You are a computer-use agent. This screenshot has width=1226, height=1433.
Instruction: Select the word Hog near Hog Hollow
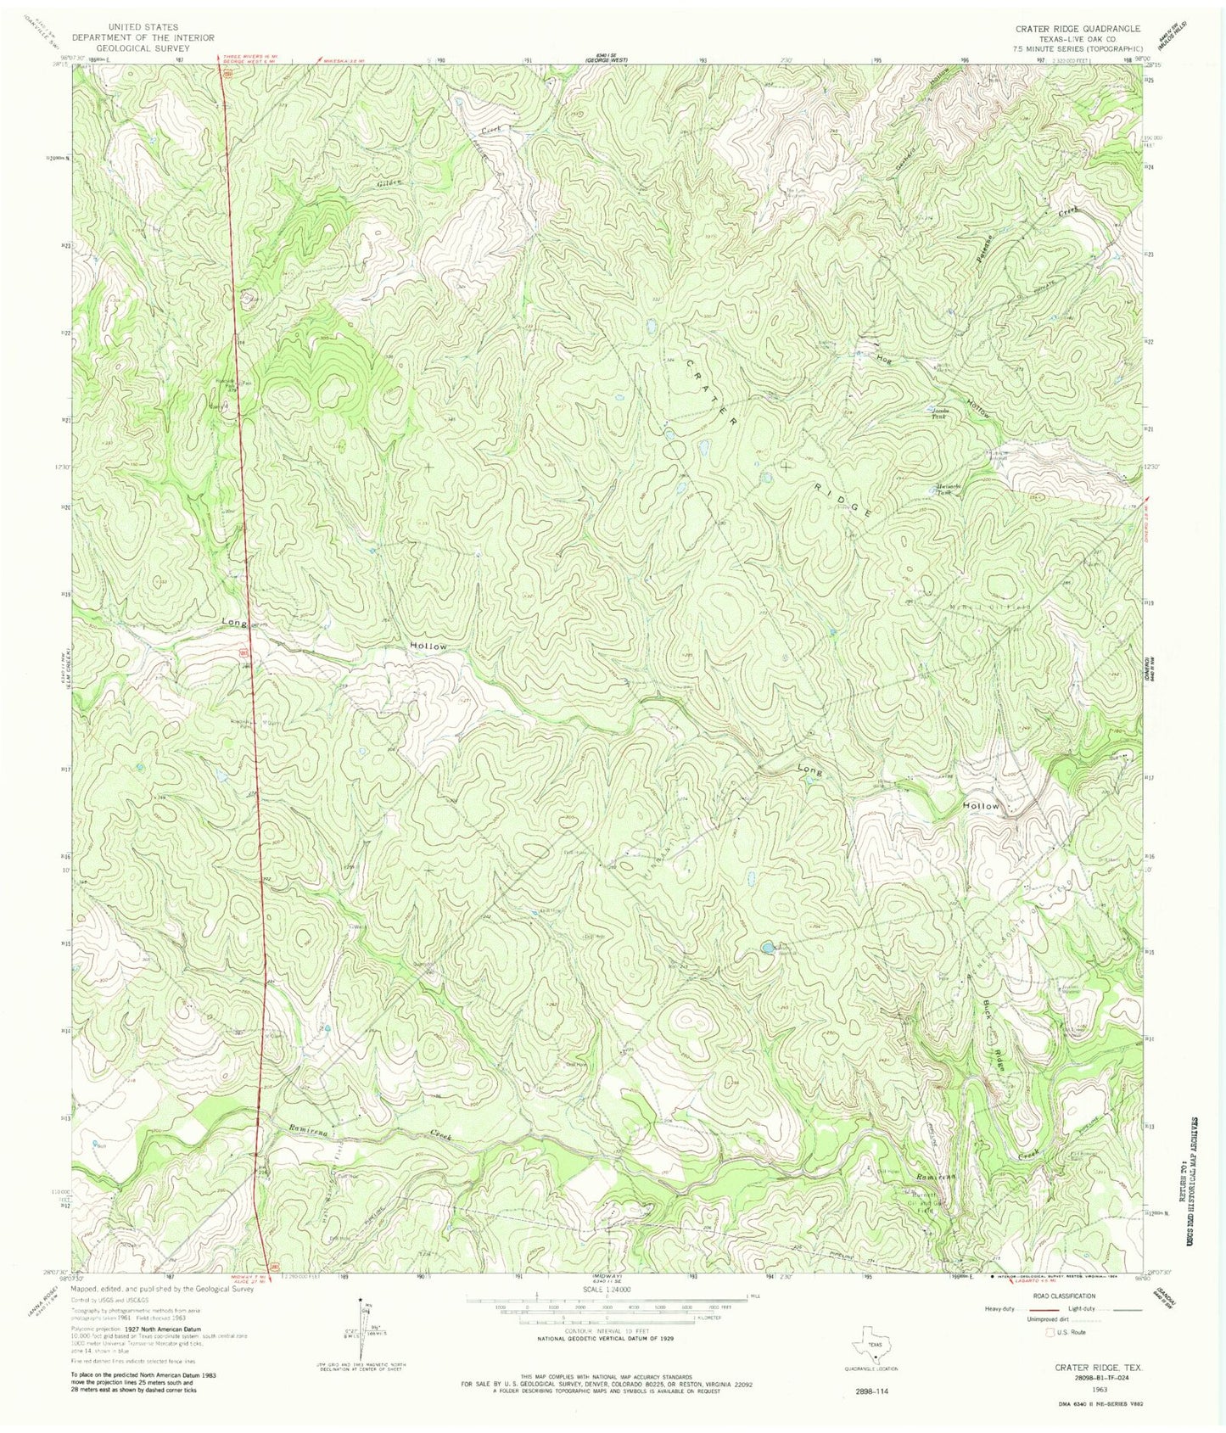coord(884,358)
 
